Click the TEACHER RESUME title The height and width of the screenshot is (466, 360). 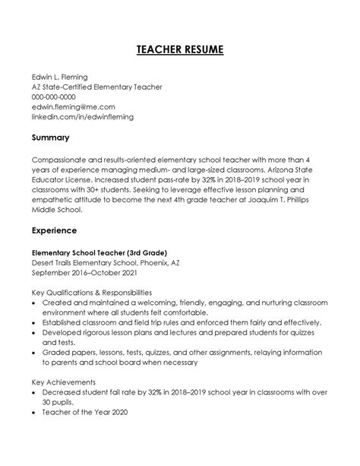180,49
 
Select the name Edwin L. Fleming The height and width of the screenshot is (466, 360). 60,77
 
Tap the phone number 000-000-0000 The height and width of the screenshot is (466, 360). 54,97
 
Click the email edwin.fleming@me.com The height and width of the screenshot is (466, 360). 74,107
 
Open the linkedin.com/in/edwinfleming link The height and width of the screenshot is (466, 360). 81,117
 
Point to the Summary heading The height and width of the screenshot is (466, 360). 51,138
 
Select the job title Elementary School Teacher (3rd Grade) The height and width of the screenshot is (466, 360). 99,252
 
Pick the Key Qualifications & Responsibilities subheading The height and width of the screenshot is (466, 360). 92,292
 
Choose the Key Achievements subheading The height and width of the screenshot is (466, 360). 63,382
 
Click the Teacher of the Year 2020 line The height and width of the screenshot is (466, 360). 85,413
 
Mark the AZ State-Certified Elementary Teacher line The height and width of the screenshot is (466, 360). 97,87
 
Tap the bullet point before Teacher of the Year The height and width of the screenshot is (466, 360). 35,413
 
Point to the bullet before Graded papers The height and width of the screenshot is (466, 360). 35,353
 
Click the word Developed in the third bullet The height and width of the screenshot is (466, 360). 65,332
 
